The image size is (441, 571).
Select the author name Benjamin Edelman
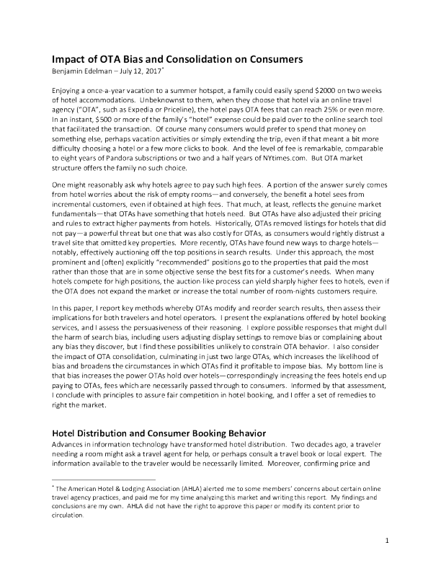click(79, 71)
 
